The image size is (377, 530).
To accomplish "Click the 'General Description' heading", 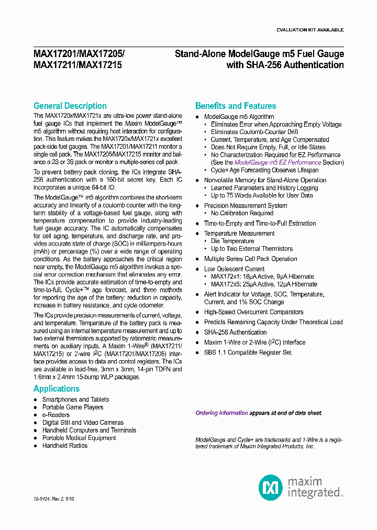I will (70, 106).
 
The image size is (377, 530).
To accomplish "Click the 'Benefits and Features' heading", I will (236, 106).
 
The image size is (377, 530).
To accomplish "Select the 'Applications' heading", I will (57, 389).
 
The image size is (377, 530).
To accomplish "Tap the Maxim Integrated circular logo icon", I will (271, 488).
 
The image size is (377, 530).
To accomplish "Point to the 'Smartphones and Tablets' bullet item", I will (75, 400).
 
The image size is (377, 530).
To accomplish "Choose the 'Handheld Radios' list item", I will (65, 446).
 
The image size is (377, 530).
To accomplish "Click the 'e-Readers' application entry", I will (56, 415).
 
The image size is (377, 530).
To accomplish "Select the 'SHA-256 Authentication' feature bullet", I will (235, 332).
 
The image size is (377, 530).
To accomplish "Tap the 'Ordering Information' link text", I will (221, 413).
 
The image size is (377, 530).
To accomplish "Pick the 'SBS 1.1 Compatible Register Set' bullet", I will (248, 352).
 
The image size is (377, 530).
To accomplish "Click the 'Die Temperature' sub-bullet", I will (232, 241).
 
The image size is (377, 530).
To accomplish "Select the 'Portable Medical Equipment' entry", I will (79, 438).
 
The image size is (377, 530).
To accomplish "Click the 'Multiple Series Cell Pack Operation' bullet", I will (250, 259).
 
